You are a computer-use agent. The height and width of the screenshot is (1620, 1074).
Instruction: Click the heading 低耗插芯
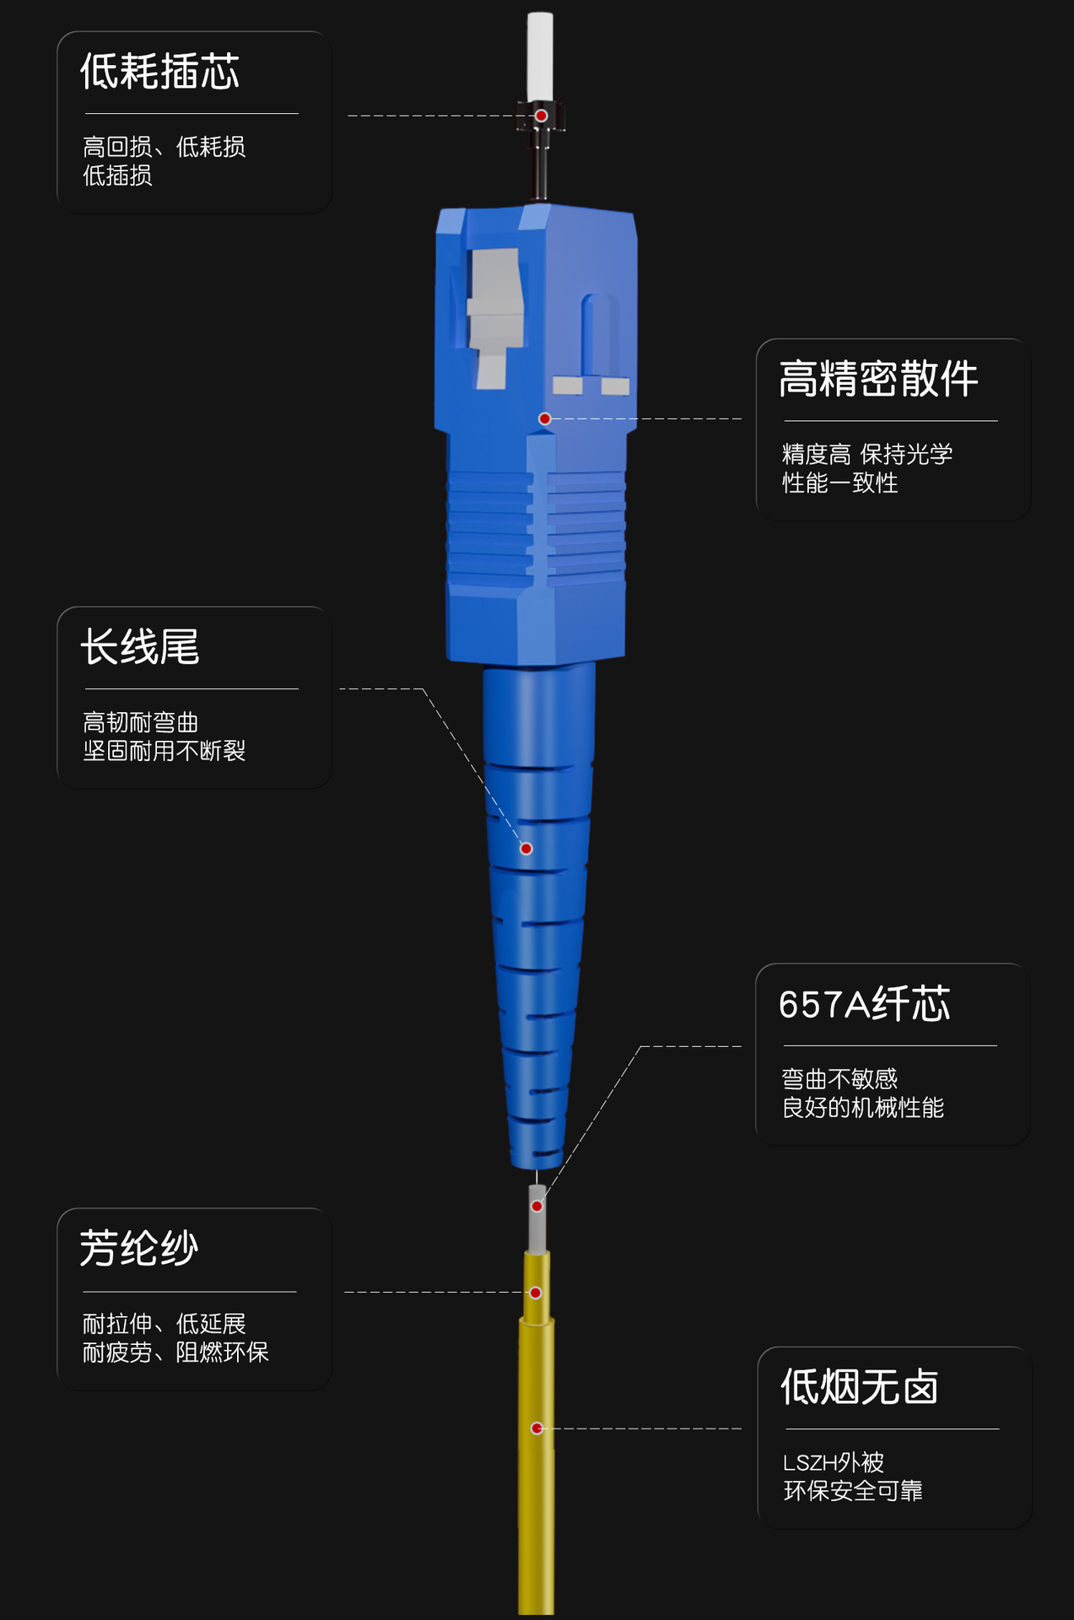tap(159, 72)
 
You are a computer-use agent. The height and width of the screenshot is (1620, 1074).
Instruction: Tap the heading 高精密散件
tap(878, 379)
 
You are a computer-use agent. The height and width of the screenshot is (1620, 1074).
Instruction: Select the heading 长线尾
tap(140, 648)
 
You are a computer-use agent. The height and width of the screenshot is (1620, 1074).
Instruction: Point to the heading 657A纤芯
tap(865, 1005)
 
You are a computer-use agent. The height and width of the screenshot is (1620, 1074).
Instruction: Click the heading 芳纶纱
tap(139, 1249)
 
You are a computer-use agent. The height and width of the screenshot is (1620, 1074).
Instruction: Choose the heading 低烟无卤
tap(860, 1387)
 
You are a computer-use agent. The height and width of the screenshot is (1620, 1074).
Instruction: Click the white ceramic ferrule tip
tap(540, 55)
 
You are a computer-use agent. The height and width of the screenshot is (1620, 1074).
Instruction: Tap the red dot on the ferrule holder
tap(542, 116)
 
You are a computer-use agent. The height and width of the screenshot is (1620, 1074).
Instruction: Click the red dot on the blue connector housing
tap(545, 418)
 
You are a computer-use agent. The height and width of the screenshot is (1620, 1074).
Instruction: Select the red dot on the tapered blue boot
tap(526, 849)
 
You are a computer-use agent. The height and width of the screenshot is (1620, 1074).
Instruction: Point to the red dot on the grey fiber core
tap(537, 1207)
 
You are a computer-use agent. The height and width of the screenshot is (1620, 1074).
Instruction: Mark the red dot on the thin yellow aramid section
tap(536, 1293)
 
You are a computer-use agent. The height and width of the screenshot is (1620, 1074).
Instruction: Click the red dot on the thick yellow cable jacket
tap(537, 1428)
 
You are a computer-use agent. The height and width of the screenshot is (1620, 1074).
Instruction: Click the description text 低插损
tap(117, 175)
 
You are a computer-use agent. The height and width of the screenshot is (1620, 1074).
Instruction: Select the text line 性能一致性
tap(839, 483)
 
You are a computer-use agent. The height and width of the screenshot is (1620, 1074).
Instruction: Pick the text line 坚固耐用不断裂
tap(165, 751)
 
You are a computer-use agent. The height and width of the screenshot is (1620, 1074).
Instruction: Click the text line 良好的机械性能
tap(862, 1108)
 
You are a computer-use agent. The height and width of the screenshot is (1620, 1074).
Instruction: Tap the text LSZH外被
tap(834, 1462)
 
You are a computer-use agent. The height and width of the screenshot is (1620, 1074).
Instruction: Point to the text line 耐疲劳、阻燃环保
tap(175, 1353)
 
